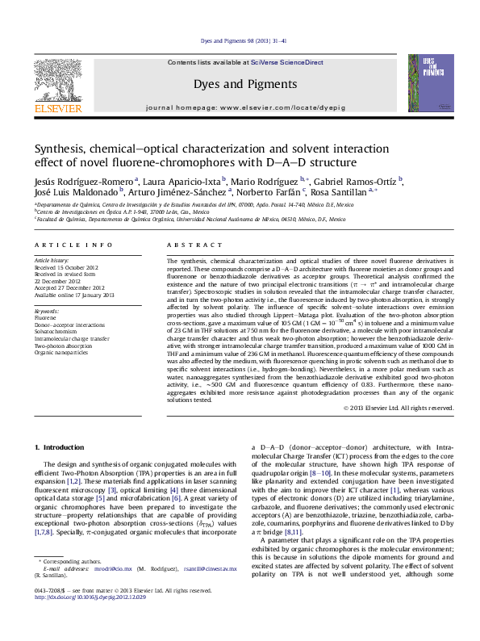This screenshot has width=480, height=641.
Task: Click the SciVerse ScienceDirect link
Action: pyautogui.click(x=286, y=63)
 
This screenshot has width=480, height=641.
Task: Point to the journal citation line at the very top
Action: pyautogui.click(x=239, y=40)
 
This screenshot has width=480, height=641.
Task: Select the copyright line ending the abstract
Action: pyautogui.click(x=398, y=408)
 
